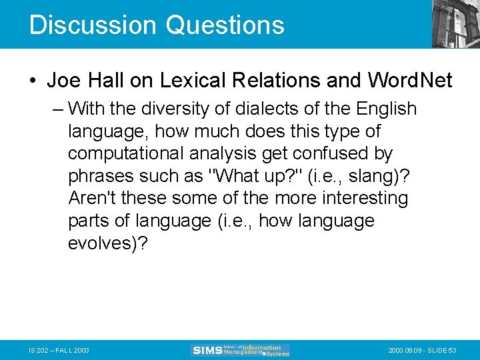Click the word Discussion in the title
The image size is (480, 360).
pyautogui.click(x=93, y=25)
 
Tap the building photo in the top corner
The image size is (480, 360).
pyautogui.click(x=455, y=24)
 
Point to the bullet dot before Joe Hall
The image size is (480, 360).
pyautogui.click(x=33, y=81)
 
